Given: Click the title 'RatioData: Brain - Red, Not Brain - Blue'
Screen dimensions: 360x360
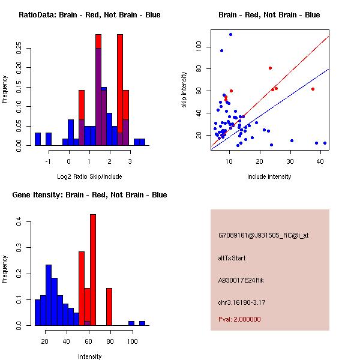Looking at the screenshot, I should [89, 15].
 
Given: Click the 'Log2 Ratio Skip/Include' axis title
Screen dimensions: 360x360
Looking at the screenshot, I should [89, 176].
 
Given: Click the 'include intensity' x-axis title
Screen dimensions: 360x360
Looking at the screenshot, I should [269, 176].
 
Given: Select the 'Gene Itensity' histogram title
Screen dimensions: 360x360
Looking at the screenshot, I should [89, 195].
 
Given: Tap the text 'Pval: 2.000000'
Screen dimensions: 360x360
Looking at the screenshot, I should [239, 320].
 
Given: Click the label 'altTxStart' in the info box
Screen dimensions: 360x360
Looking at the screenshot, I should [232, 259].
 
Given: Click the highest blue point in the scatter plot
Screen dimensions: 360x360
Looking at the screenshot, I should [230, 35].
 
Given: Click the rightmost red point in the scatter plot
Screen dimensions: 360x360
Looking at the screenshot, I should [313, 89].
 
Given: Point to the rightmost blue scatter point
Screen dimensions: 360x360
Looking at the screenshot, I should [325, 143].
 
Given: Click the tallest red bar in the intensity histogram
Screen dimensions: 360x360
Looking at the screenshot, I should [93, 269].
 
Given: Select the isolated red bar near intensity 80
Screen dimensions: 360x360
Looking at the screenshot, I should [109, 306].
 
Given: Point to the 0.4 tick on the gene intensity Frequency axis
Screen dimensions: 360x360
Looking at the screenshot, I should [19, 222].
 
